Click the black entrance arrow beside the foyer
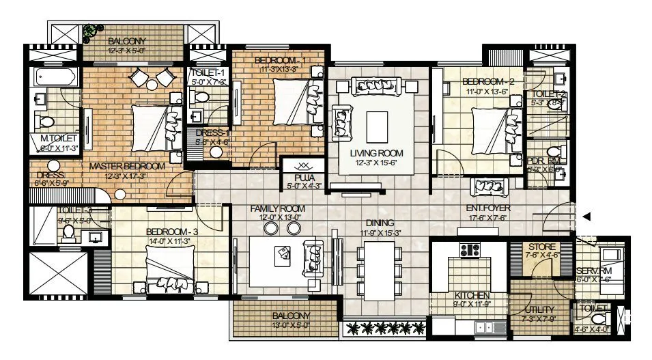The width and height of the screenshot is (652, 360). point(587,217)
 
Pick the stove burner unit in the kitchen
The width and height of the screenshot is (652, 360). point(469,250)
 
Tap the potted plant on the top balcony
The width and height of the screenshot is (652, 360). point(89,32)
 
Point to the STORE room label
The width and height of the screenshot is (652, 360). point(541,247)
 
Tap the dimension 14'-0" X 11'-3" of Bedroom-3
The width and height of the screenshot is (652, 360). point(169,240)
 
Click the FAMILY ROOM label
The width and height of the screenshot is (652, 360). point(277,208)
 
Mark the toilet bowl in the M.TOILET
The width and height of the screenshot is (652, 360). point(47,122)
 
